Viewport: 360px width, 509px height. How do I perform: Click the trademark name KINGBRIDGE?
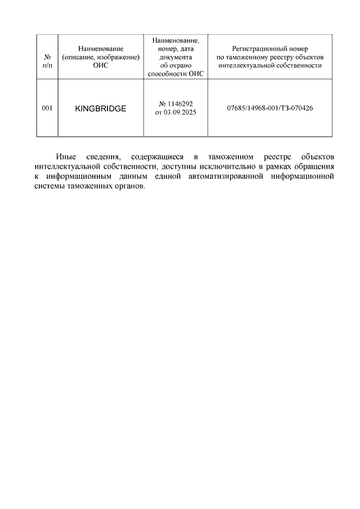[x=101, y=109]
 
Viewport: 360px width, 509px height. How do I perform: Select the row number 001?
[x=47, y=108]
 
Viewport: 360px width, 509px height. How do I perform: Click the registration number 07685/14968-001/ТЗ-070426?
[x=269, y=108]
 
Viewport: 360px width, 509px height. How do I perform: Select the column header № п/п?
[x=47, y=61]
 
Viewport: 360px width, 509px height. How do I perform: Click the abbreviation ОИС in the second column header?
[x=101, y=66]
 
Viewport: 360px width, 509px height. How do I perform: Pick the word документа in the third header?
[x=175, y=57]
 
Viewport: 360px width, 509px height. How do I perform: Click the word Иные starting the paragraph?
[x=66, y=156]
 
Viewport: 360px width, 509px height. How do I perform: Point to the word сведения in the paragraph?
[x=103, y=156]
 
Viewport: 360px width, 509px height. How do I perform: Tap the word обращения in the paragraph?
[x=316, y=166]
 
